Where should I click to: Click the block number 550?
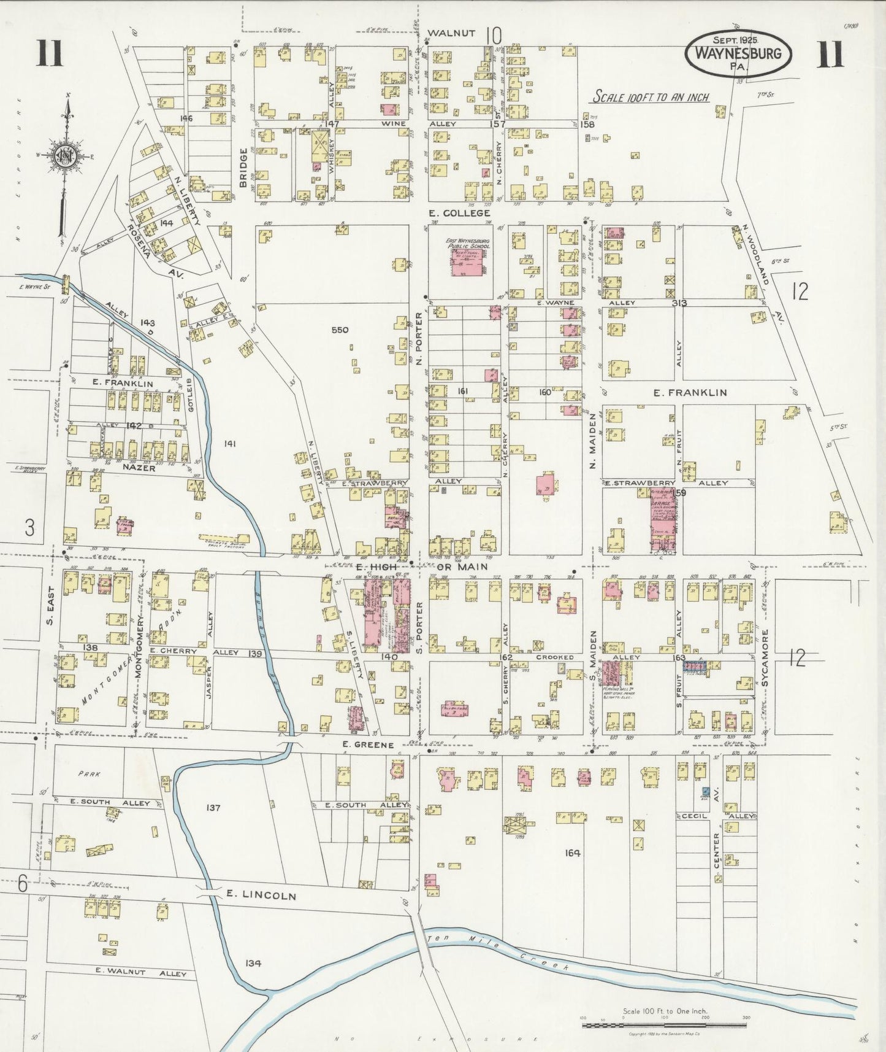[x=340, y=330]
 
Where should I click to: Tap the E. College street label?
[x=459, y=213]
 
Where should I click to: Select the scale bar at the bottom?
[x=665, y=1024]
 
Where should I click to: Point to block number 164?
[x=573, y=852]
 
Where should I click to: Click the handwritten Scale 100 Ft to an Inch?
[x=651, y=98]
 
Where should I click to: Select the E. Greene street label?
[x=368, y=745]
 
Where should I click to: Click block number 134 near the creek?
[x=253, y=963]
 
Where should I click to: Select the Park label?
[x=89, y=774]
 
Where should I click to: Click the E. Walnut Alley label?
[x=140, y=973]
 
